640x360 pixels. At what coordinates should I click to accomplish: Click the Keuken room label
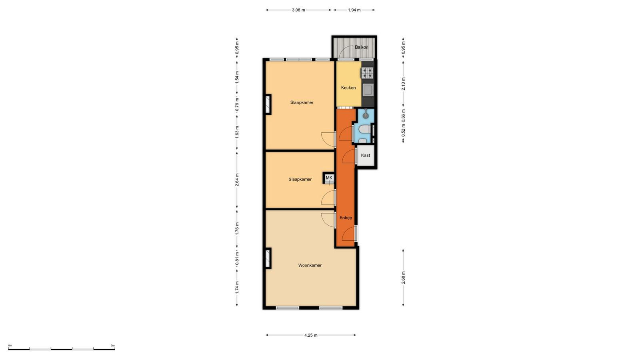pos(348,88)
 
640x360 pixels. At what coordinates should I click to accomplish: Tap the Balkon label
pos(362,47)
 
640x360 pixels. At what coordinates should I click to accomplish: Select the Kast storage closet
pos(366,156)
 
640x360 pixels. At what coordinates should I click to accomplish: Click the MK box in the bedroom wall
pos(329,178)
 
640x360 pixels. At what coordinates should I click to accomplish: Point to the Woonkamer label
pos(310,266)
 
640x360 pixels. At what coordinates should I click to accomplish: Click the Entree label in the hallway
pos(346,218)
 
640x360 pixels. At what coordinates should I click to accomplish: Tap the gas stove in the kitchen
pos(368,73)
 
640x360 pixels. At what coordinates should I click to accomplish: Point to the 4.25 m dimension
pos(311,336)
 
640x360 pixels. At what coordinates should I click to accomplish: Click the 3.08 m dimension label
pos(298,10)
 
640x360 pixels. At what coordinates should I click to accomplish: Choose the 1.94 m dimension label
pos(354,10)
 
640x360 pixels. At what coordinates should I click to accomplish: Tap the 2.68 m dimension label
pos(403,278)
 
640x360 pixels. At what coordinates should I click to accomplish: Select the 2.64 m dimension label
pos(237,180)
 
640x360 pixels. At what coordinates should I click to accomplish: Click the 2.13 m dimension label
pos(403,84)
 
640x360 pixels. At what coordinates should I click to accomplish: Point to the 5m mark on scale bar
pos(113,346)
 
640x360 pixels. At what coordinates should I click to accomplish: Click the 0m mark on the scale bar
pos(10,346)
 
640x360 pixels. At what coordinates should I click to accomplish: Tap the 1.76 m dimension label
pos(237,228)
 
